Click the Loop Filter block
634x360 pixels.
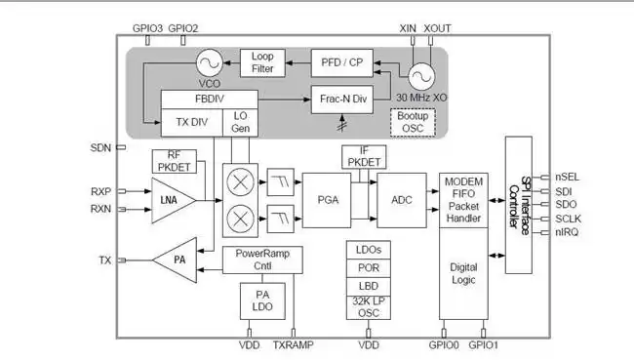point(262,62)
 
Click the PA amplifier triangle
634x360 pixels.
point(174,260)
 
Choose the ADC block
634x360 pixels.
point(403,199)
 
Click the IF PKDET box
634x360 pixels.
point(365,156)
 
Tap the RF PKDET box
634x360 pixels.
point(175,161)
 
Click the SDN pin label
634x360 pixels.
point(100,147)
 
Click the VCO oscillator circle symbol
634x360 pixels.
point(207,63)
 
